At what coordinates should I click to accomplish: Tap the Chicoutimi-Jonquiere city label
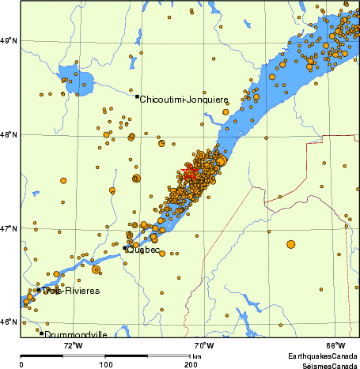tap(184, 100)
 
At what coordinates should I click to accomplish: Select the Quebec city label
tap(144, 250)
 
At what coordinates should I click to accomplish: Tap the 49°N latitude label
tap(9, 40)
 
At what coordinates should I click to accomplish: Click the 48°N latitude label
tap(9, 134)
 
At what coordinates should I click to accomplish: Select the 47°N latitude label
tap(9, 228)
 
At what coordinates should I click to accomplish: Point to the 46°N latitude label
tap(9, 322)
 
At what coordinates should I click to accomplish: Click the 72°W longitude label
tap(73, 345)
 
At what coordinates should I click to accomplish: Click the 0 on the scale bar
tap(21, 364)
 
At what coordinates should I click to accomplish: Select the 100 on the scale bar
tap(105, 364)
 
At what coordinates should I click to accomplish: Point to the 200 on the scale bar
tap(190, 364)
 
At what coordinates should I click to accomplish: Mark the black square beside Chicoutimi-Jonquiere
tap(137, 96)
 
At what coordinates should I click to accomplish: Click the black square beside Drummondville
tap(41, 333)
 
